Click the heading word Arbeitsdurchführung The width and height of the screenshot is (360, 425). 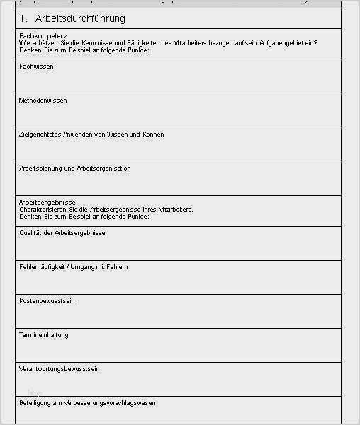coord(80,18)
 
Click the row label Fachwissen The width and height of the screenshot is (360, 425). coord(36,67)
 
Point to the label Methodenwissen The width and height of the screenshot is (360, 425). coord(43,101)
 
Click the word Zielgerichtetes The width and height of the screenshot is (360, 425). coord(42,135)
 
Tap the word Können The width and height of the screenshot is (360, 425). coord(153,135)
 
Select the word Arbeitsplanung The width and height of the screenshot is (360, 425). coord(41,169)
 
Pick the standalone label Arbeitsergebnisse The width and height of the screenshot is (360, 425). coord(47,203)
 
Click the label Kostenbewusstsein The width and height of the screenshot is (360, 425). coord(47,301)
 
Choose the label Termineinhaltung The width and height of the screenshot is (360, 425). coord(44,335)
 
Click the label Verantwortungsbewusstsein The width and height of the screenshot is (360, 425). coord(59,369)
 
